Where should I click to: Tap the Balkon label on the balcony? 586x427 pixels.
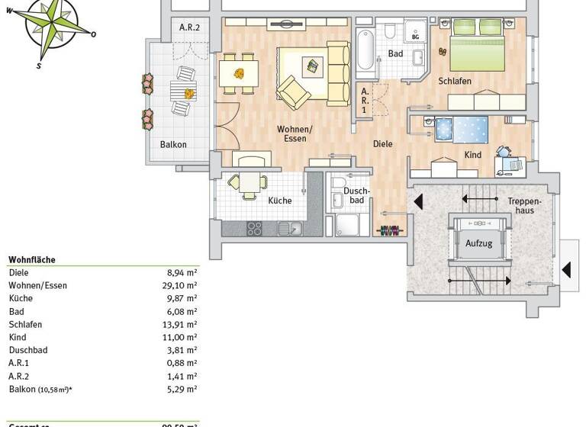[173, 144]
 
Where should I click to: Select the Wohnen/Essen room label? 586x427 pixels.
[291, 133]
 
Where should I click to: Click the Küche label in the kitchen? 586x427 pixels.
[279, 201]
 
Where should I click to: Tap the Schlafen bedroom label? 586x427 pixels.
[455, 81]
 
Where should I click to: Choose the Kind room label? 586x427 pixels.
[473, 155]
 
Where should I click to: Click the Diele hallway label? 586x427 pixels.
[382, 143]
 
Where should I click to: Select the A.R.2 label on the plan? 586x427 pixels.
[189, 28]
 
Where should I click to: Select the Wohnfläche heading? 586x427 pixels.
[32, 259]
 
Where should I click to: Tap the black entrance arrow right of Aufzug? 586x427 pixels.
[566, 269]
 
